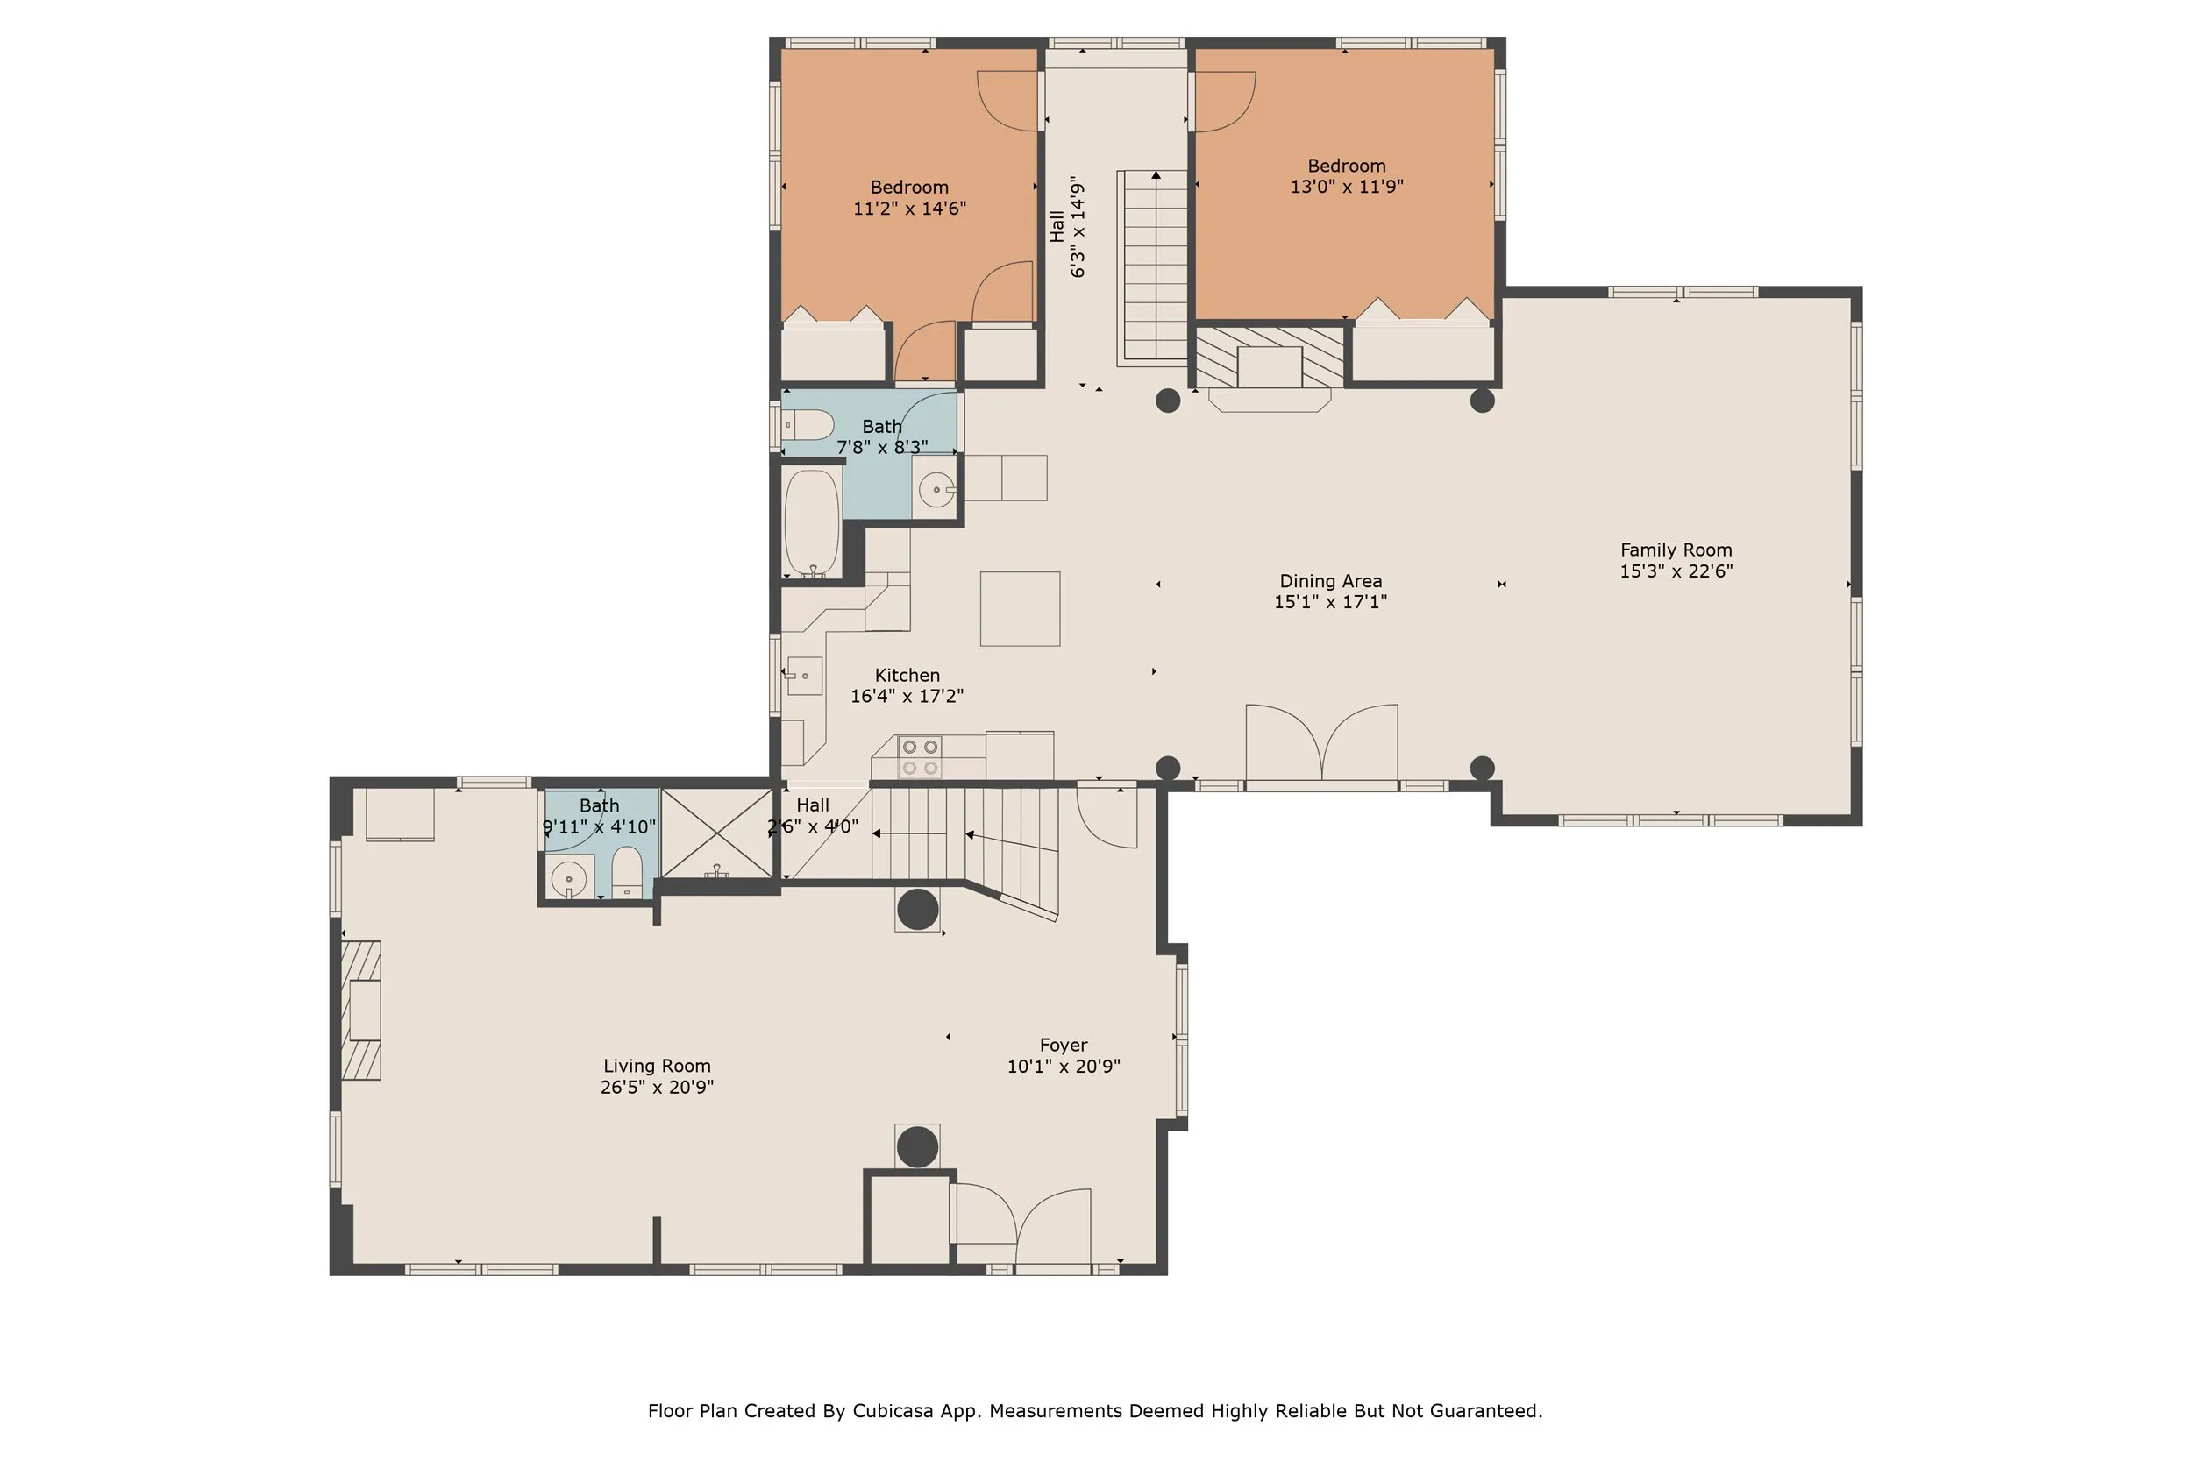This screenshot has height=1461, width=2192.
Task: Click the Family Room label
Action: [1676, 550]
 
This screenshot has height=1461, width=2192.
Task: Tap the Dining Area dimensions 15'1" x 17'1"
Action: [1330, 602]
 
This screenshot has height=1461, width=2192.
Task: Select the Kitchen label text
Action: [907, 676]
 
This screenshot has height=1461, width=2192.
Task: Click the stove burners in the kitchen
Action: [919, 756]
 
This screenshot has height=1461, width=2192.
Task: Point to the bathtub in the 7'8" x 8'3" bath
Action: [812, 522]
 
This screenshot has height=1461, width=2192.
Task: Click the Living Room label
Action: [657, 1066]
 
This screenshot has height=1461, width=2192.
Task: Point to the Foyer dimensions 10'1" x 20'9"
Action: [1064, 1066]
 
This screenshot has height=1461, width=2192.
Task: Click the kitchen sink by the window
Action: [804, 676]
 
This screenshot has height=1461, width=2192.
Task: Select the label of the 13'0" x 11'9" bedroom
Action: [1346, 166]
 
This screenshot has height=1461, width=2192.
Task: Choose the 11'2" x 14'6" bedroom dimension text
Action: [909, 209]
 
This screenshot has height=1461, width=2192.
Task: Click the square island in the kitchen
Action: [1020, 608]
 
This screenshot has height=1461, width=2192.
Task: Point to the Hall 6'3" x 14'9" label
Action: [1068, 226]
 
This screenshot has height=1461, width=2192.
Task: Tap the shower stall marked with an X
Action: [716, 833]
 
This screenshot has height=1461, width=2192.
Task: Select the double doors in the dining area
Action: [1321, 742]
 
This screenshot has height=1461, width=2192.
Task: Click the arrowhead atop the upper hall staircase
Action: [1156, 174]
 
